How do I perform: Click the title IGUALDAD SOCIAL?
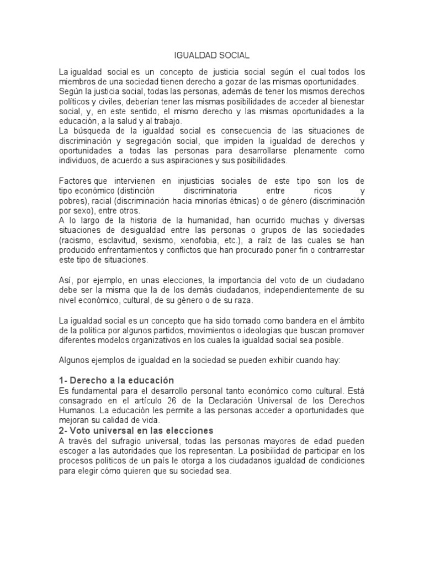tap(211, 56)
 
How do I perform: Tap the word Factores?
tap(76, 180)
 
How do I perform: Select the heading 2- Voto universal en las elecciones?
tap(136, 430)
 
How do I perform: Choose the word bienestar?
tap(344, 102)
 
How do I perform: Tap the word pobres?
tap(73, 200)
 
